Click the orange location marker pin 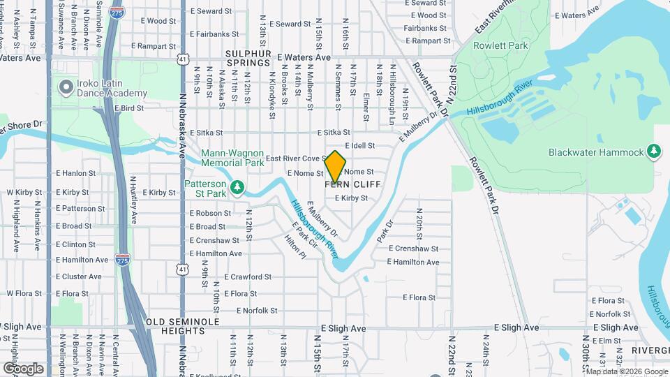tap(336, 166)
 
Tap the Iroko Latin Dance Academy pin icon tap(67, 87)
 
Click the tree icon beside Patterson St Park tap(238, 187)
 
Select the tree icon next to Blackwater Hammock tap(653, 151)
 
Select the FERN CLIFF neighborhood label tap(347, 184)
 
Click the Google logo tap(23, 368)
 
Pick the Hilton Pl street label tap(296, 247)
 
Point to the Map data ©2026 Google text tap(625, 371)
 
